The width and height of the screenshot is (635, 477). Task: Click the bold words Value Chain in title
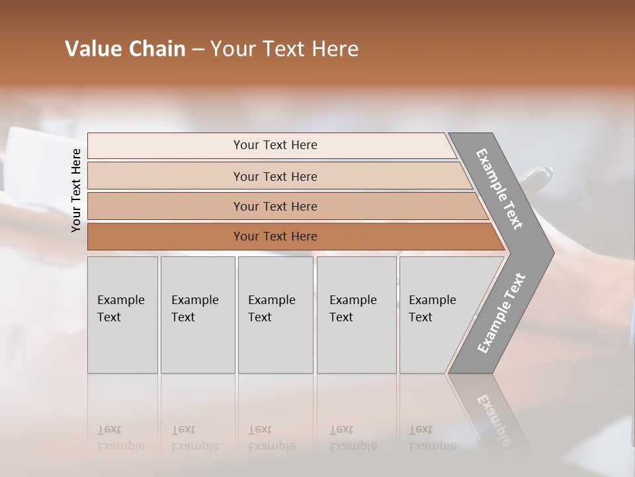[x=125, y=49]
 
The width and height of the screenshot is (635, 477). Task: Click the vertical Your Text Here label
[x=76, y=191]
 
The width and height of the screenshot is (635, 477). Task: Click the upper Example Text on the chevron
[x=499, y=189]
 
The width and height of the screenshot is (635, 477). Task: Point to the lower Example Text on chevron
[x=501, y=313]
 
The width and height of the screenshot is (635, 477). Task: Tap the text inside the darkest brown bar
[x=275, y=237]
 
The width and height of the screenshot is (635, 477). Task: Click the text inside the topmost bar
[x=275, y=145]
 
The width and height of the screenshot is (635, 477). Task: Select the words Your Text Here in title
[x=284, y=49]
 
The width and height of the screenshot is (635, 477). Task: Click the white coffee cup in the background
[x=33, y=159]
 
